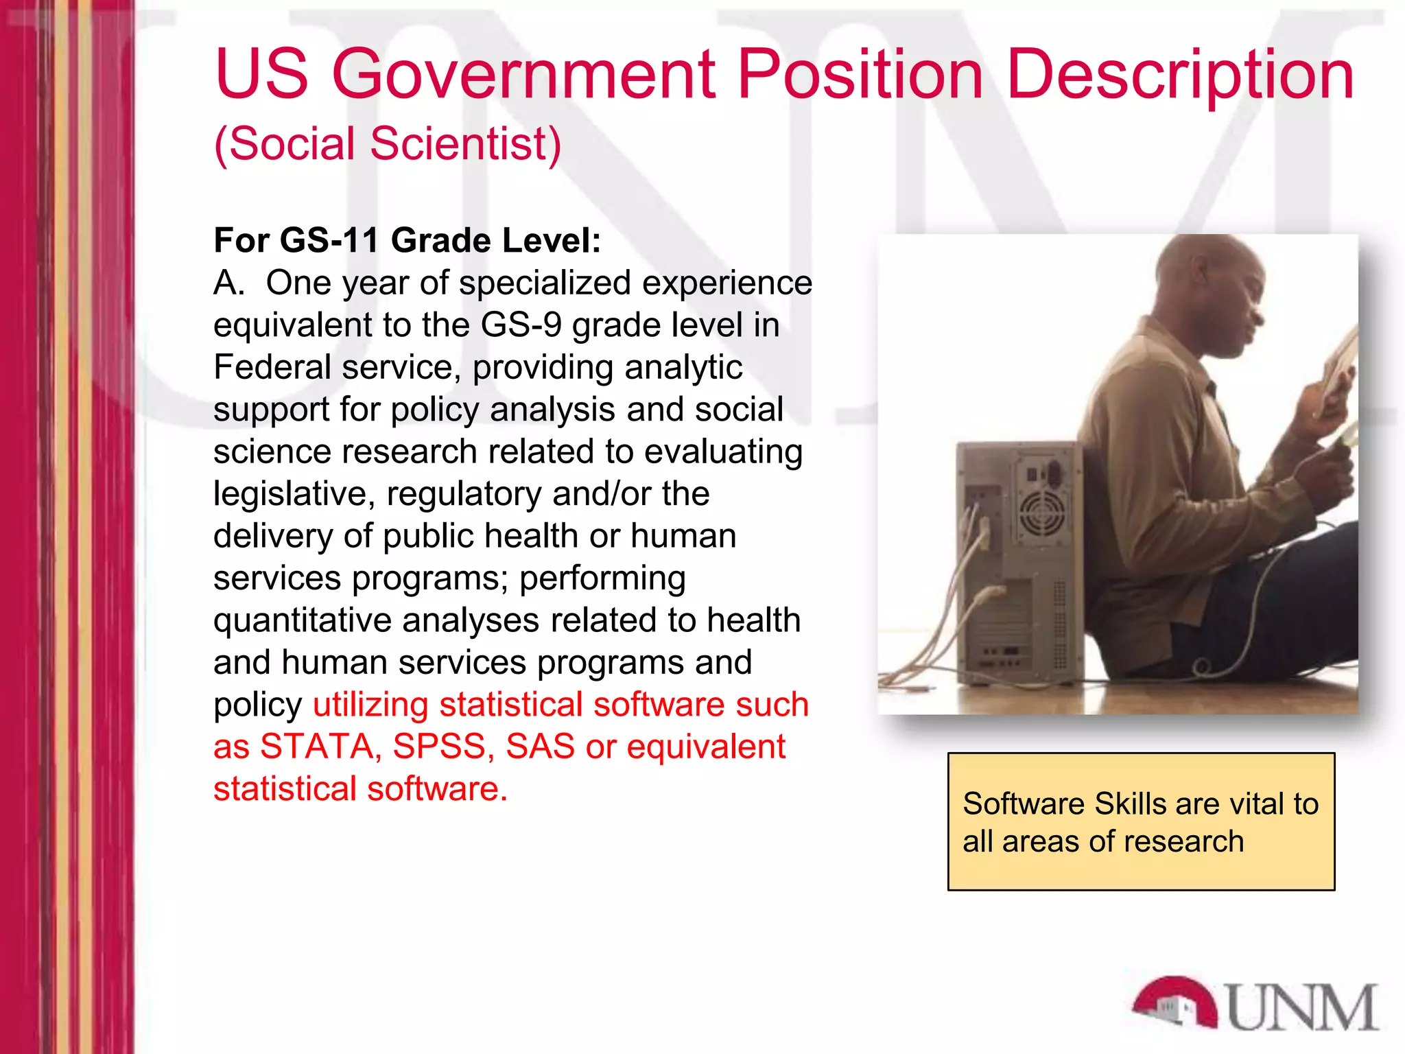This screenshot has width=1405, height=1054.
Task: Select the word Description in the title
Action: pos(1180,74)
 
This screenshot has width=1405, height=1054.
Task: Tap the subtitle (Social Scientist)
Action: pos(388,144)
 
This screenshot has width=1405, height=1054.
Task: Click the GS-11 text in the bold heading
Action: pos(330,241)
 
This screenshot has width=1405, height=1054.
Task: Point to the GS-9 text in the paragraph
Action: pos(521,325)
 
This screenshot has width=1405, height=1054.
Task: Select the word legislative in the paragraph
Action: pos(294,494)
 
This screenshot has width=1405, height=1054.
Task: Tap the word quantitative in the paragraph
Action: pos(302,621)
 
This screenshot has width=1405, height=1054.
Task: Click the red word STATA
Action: pos(316,747)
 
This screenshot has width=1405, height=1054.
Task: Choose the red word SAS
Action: pos(540,747)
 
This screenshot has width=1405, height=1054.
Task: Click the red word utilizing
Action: pos(370,705)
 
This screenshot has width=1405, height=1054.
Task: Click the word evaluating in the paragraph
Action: pos(723,452)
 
